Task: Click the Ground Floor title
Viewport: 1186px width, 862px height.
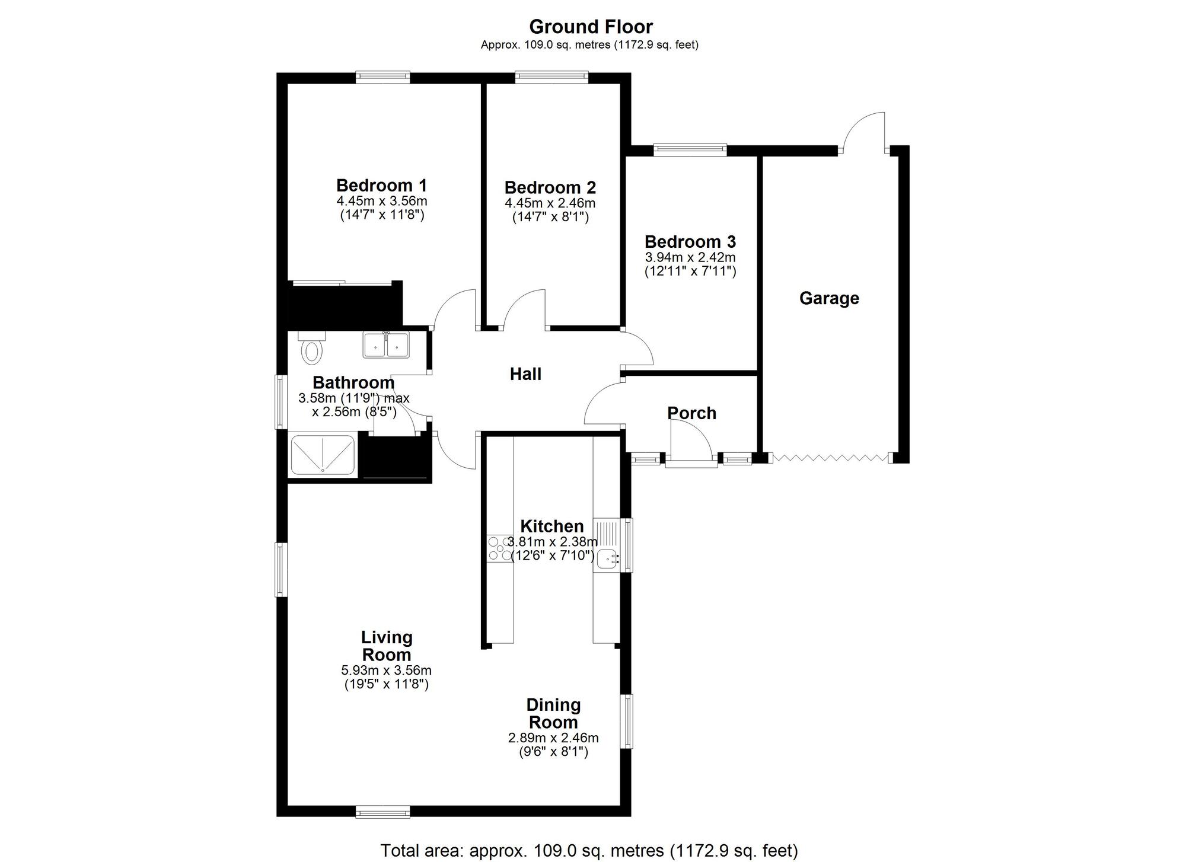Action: point(591,27)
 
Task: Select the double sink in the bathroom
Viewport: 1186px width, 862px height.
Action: point(386,345)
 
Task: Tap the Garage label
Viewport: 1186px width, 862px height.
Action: point(829,298)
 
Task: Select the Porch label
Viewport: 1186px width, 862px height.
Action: point(691,413)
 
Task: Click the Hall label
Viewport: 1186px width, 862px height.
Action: point(525,374)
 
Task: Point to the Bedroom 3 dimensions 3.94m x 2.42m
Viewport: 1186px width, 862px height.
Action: point(690,258)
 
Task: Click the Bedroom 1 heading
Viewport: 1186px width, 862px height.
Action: point(381,185)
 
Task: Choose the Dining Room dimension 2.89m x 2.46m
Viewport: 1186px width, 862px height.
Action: point(553,738)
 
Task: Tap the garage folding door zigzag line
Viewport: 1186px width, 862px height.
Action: point(830,458)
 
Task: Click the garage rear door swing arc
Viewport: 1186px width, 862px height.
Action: point(860,127)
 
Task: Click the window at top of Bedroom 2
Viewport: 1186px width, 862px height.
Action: point(551,77)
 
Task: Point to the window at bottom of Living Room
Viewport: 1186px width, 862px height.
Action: point(382,812)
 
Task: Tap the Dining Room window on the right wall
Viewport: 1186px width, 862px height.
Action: point(626,721)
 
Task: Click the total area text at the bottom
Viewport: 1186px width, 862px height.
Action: point(589,851)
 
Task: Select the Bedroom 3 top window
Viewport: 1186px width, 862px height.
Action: point(690,150)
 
